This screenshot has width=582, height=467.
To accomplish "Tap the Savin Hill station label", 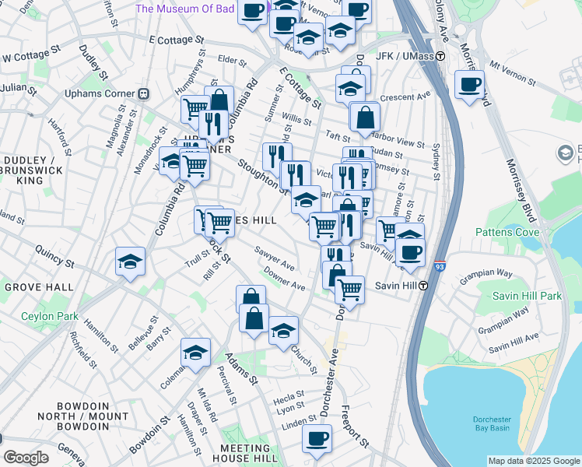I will (x=398, y=286).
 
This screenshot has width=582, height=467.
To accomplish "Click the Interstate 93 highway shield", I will (x=440, y=267).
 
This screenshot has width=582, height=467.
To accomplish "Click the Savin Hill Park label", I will (x=527, y=297).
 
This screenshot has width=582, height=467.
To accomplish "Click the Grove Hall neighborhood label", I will (x=39, y=286).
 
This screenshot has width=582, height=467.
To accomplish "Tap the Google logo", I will (x=26, y=458).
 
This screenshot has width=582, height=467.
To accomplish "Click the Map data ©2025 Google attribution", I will (x=533, y=461).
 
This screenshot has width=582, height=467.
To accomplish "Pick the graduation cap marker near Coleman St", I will (x=195, y=352).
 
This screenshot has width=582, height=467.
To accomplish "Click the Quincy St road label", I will (x=54, y=258).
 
